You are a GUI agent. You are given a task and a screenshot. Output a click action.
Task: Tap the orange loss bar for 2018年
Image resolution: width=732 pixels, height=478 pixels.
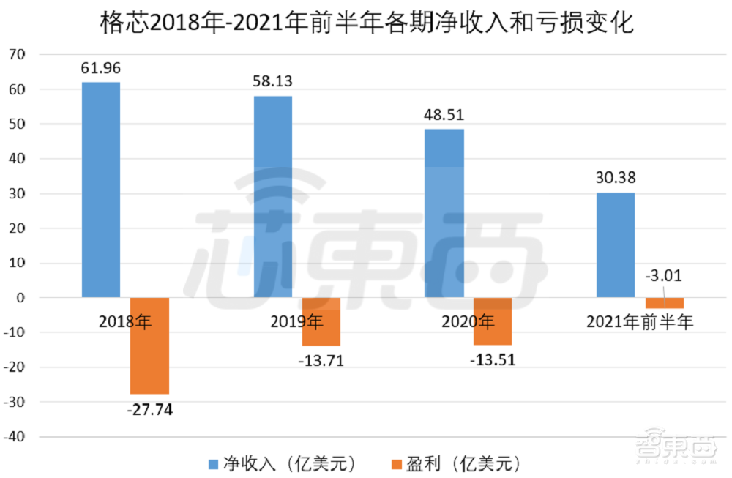[149, 346]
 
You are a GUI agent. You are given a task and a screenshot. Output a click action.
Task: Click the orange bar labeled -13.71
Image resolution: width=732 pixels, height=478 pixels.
[321, 321]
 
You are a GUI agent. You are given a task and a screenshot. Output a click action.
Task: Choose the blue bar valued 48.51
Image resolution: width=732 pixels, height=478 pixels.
[444, 212]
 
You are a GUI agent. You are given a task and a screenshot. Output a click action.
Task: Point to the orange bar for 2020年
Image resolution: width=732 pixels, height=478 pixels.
[493, 321]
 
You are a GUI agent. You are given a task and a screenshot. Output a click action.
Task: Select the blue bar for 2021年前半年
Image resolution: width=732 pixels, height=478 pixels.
[616, 244]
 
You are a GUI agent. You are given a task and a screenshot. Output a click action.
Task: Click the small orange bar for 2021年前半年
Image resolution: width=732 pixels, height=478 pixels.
[665, 303]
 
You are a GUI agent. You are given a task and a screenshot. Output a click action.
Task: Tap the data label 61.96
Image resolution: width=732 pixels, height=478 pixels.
[101, 69]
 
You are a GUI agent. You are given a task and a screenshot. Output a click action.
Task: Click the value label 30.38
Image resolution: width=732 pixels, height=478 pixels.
[616, 178]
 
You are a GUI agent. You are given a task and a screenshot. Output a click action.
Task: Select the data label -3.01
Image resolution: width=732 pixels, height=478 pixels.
[664, 277]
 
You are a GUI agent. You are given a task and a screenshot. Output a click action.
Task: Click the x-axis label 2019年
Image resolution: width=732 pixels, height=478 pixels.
[296, 321]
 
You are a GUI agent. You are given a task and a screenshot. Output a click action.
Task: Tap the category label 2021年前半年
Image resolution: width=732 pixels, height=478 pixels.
[640, 321]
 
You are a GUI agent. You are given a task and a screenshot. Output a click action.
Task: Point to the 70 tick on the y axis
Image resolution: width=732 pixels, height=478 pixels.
[16, 55]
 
